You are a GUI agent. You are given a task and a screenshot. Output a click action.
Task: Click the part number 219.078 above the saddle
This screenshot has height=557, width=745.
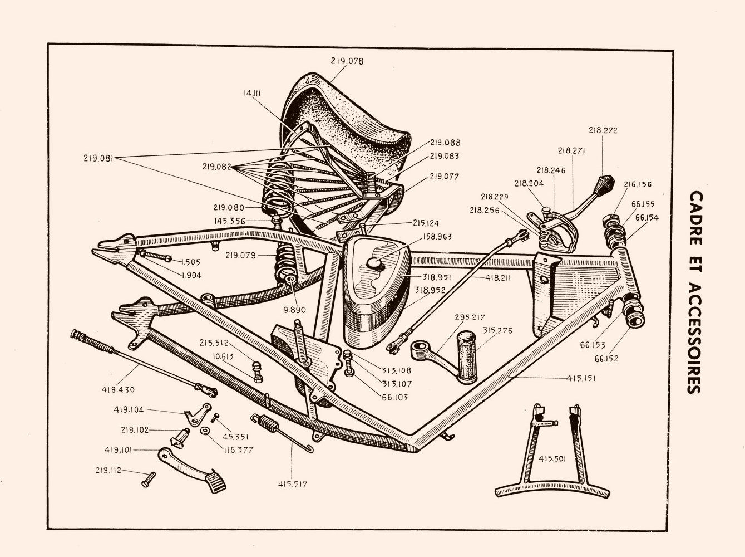click(x=347, y=61)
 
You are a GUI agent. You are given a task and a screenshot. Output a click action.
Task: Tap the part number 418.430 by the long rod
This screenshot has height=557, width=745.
click(x=119, y=389)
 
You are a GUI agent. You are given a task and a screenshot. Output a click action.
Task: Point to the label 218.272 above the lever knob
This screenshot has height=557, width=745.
click(x=603, y=130)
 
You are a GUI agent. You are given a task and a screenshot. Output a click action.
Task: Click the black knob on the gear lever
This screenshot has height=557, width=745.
click(x=604, y=182)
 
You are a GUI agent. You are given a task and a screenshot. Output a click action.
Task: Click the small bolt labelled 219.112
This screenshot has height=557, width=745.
click(x=149, y=478)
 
